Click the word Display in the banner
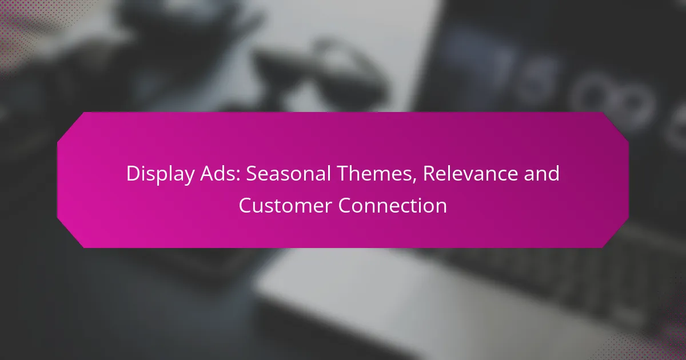161,174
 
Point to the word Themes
377,174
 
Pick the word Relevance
470,173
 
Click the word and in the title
541,173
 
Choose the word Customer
285,205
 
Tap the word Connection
392,205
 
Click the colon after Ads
238,176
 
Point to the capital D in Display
134,174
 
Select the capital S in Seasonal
252,174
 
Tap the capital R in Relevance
430,174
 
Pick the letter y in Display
189,178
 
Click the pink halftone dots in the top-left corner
27,27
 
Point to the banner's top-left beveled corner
70,126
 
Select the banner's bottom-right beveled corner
616,234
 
